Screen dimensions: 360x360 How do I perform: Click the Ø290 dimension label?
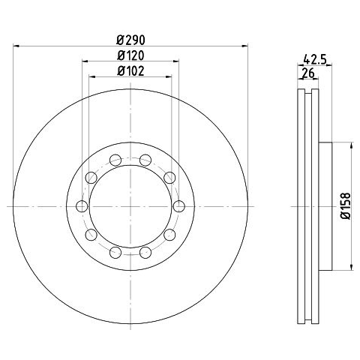coord(130,40)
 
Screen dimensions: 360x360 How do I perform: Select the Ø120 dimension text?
coord(130,55)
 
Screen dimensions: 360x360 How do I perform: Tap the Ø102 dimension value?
coord(130,71)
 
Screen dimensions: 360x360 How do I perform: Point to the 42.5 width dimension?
coord(315,60)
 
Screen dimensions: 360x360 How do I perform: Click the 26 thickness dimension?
coord(308,73)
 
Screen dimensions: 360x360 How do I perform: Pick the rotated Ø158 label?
coord(346,206)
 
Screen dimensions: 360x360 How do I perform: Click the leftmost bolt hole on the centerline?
coord(82,206)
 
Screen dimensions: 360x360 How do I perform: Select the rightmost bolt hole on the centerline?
coord(179,206)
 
